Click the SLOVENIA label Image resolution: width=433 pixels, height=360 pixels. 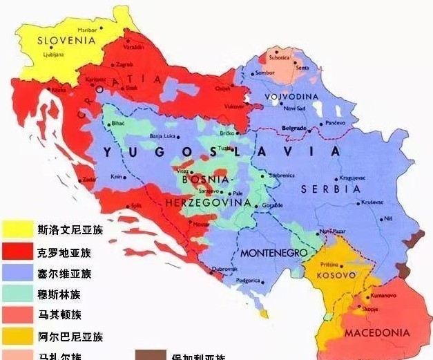point(65,41)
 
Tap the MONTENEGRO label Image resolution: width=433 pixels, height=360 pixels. point(273,253)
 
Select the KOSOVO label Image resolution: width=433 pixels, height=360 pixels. point(329,275)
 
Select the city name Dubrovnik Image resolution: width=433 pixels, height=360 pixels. point(224,269)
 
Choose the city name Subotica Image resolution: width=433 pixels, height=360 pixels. point(279,57)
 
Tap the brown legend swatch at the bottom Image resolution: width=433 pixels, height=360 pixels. point(150,355)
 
